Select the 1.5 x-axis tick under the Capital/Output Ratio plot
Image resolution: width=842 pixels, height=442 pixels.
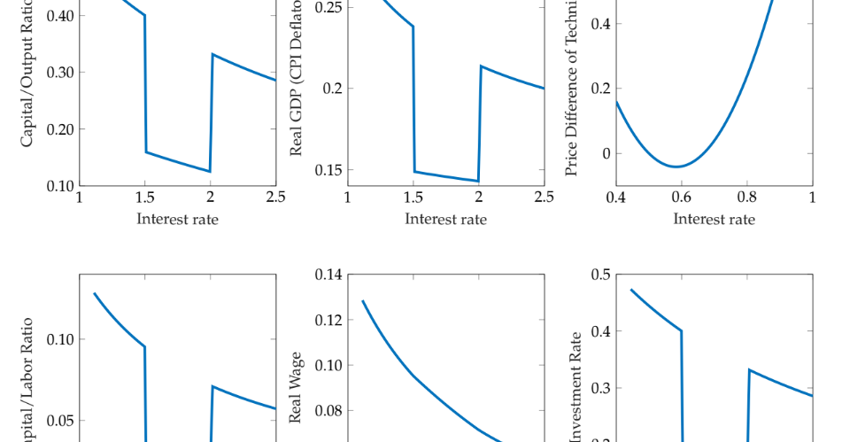(x=144, y=198)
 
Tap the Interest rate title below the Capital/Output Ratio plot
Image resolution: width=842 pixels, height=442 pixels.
(x=177, y=219)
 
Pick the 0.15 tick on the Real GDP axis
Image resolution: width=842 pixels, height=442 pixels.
(x=328, y=170)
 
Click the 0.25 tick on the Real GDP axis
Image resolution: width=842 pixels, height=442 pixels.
(x=328, y=7)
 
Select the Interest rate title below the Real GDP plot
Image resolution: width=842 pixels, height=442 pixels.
(x=445, y=219)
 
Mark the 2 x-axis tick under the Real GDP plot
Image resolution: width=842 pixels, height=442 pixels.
(x=479, y=198)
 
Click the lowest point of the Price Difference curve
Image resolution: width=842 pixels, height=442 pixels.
(x=676, y=167)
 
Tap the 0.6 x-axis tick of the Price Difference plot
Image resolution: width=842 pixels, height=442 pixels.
(x=681, y=198)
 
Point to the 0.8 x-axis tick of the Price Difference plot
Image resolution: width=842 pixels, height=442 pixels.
(x=746, y=198)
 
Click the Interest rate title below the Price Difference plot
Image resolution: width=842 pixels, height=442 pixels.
(x=714, y=219)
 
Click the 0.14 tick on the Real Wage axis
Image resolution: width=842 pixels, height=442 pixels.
(x=328, y=275)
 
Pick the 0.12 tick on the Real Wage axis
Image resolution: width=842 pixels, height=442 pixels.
(x=328, y=320)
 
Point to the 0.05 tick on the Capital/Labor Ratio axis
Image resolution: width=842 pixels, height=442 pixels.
(x=61, y=421)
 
